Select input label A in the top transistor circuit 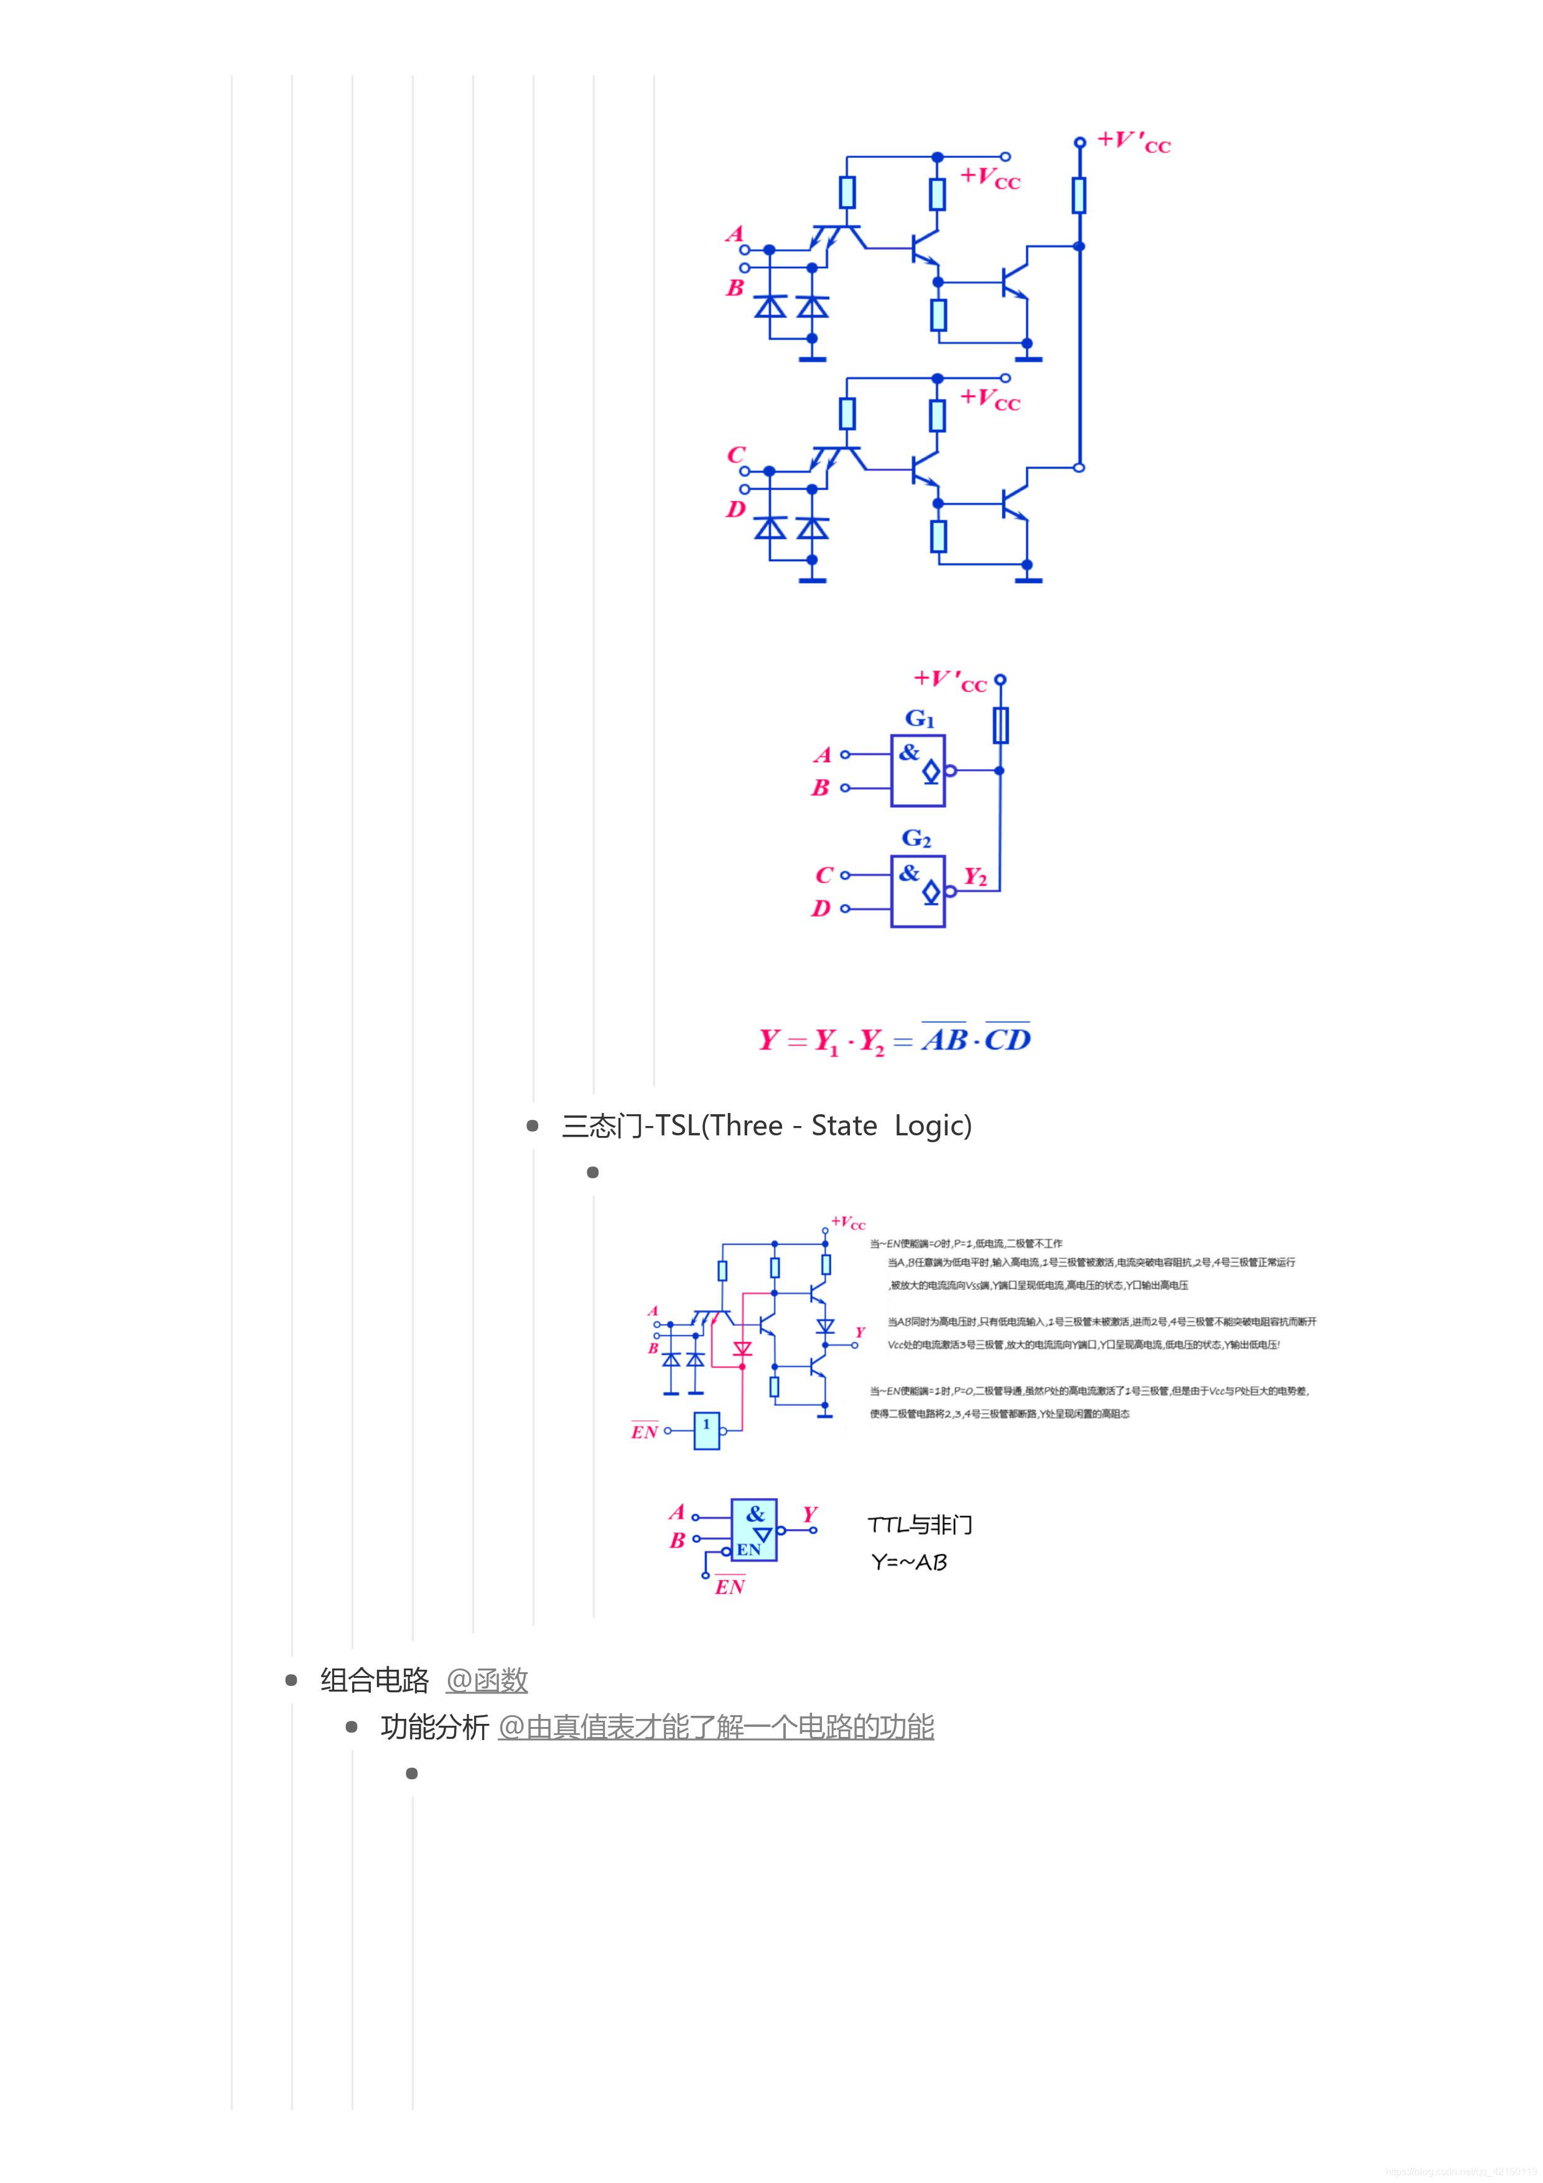coord(734,234)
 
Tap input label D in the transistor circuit coord(735,510)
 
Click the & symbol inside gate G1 coord(909,752)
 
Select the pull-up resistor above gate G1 coord(1000,725)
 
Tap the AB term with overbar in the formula coord(944,1039)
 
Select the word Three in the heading coord(747,1126)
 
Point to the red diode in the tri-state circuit coord(742,1348)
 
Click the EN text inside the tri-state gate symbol coord(748,1549)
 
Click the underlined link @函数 coord(486,1680)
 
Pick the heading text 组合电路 coord(375,1680)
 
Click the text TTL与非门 coord(920,1525)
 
